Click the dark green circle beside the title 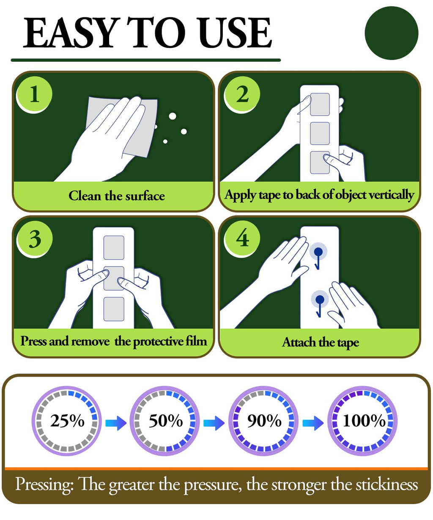(391, 33)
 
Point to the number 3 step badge (34, 239)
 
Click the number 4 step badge (242, 239)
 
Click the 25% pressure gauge (67, 421)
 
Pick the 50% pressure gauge (165, 421)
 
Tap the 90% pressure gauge (263, 421)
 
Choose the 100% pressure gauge (362, 421)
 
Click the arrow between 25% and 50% (116, 423)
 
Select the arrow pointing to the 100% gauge (313, 423)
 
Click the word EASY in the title (70, 33)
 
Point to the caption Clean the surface (117, 196)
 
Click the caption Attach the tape (320, 342)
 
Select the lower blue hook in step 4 (320, 303)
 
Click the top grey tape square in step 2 (320, 105)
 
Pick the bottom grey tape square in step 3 (114, 309)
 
